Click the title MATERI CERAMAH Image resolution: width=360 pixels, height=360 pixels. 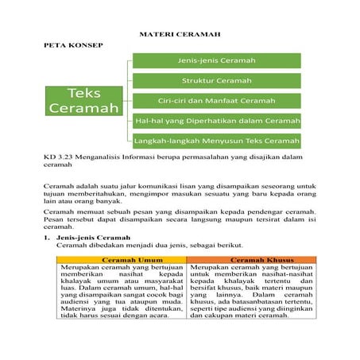pyautogui.click(x=180, y=36)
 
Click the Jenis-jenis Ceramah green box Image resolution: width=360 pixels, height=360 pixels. pyautogui.click(x=217, y=60)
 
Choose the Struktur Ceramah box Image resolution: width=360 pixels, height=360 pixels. pyautogui.click(x=217, y=81)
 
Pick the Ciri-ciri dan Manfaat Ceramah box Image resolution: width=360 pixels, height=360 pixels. pyautogui.click(x=217, y=101)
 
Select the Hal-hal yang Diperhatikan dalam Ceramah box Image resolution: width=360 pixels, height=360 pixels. pyautogui.click(x=217, y=121)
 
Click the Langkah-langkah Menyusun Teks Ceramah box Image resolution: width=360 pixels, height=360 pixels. pyautogui.click(x=217, y=141)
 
